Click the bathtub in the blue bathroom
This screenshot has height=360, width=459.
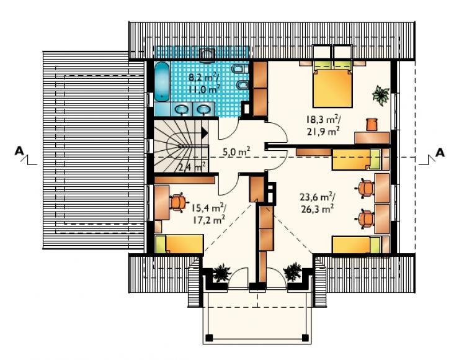162,81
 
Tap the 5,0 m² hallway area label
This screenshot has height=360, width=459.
236,152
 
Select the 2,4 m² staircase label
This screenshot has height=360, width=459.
192,167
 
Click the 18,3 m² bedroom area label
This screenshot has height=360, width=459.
323,125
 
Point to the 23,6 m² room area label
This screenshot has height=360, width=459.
318,202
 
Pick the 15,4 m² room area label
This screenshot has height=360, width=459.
208,214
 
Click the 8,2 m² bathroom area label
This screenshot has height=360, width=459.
203,83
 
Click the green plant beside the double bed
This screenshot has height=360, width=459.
381,95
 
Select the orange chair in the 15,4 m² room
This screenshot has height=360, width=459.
177,202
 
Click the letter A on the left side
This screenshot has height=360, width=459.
19,151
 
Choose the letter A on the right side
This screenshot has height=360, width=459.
440,153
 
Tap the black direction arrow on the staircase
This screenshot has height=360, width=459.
204,133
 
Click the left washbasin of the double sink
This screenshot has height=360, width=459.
182,110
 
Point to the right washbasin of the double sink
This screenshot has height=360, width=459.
203,110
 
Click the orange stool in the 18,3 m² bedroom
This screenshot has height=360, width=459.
372,125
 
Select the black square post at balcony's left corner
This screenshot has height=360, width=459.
209,338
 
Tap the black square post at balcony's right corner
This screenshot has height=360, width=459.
305,338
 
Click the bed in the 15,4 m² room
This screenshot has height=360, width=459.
179,244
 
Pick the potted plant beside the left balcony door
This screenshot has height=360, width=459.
221,272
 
